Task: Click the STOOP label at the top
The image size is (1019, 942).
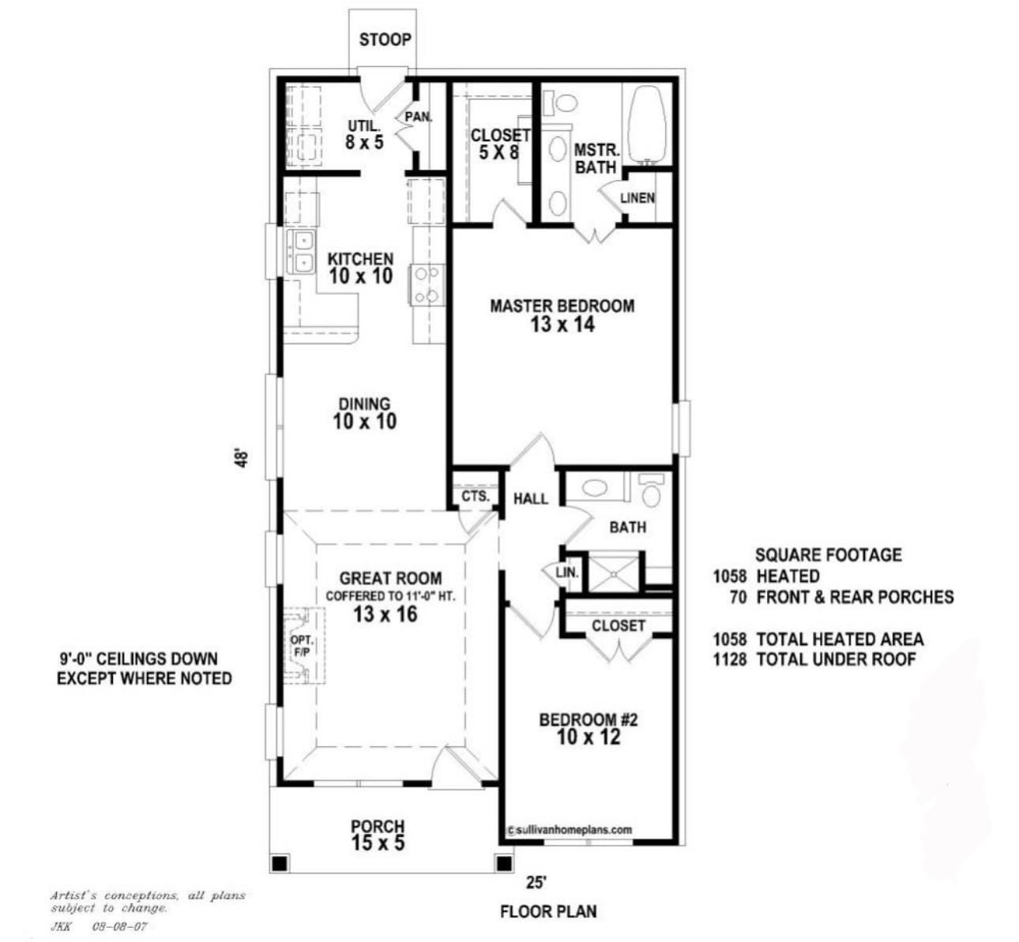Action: pos(385,39)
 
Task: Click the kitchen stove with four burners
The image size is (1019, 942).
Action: pos(427,285)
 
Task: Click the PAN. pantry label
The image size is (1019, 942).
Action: pos(418,117)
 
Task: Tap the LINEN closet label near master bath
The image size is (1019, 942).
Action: pos(637,197)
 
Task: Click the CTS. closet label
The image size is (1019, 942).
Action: pos(476,497)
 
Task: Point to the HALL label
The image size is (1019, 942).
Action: pos(531,499)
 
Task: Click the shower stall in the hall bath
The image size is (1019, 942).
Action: pos(614,572)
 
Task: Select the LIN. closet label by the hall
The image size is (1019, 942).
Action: pos(567,572)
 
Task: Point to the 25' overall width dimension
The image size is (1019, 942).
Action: pos(536,883)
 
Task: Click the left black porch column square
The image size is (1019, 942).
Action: pos(279,863)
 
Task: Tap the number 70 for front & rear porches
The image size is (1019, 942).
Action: pos(738,597)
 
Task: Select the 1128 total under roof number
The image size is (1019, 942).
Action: pos(730,659)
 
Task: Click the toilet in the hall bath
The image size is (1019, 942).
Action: pos(652,491)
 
